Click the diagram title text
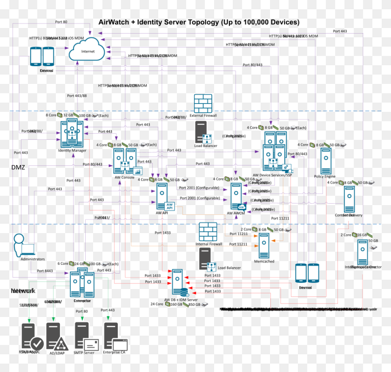pyautogui.click(x=199, y=22)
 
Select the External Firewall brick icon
pyautogui.click(x=203, y=103)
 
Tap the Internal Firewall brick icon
pyautogui.click(x=208, y=232)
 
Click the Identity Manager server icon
pyautogui.click(x=71, y=133)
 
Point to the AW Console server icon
pyautogui.click(x=124, y=162)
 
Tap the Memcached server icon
pyautogui.click(x=264, y=246)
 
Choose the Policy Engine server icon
pyautogui.click(x=325, y=160)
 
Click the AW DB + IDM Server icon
pyautogui.click(x=180, y=283)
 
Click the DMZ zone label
pyautogui.click(x=19, y=166)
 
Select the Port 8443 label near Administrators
pyautogui.click(x=45, y=270)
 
